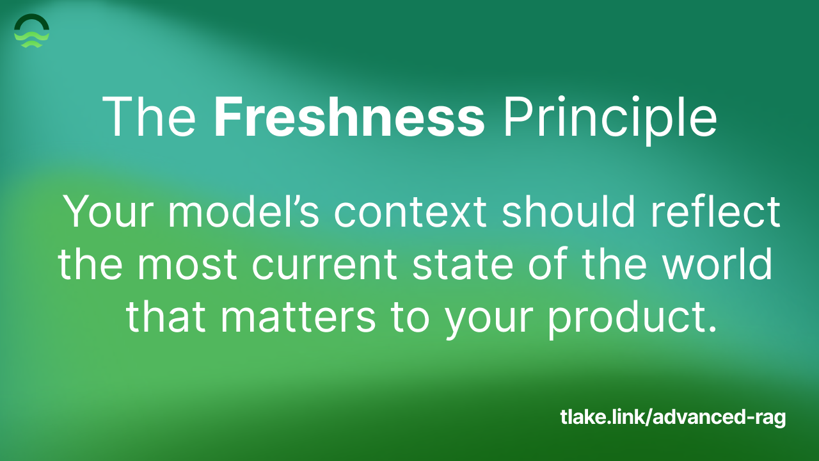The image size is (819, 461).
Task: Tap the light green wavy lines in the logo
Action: pos(31,40)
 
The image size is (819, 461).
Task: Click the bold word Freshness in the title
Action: pos(349,117)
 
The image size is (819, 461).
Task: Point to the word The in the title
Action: pos(149,117)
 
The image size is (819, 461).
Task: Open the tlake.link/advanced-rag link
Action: pos(672,418)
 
